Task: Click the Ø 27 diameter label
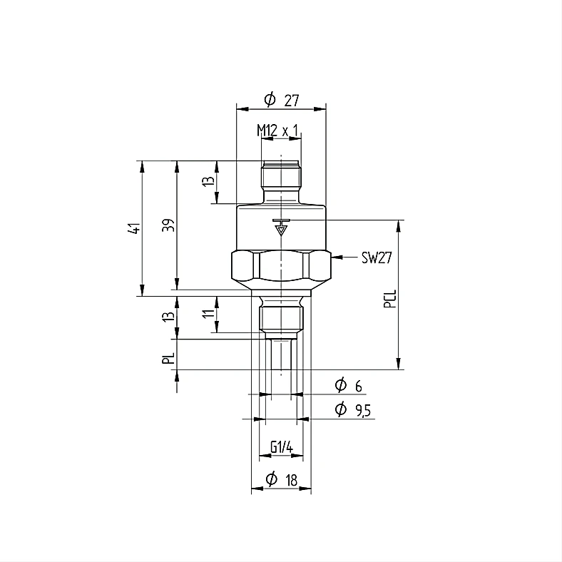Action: [282, 100]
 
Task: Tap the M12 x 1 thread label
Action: [277, 131]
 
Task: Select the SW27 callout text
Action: [377, 257]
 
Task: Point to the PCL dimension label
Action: [390, 299]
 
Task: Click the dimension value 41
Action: [134, 228]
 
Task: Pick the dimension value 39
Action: [168, 225]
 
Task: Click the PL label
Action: [168, 358]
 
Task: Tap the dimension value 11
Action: [208, 313]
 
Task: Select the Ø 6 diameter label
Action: [348, 385]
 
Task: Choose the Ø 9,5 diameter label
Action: [353, 409]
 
